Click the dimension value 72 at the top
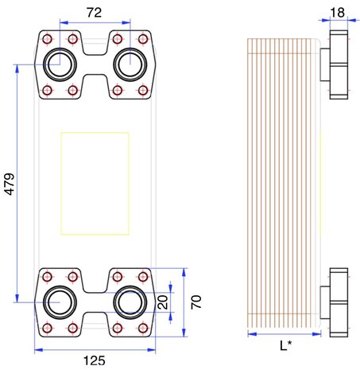[95, 14]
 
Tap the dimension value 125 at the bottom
[95, 360]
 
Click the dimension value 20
[162, 302]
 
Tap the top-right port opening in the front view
[130, 63]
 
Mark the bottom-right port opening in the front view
[130, 302]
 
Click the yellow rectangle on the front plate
[95, 184]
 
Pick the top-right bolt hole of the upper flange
[143, 38]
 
